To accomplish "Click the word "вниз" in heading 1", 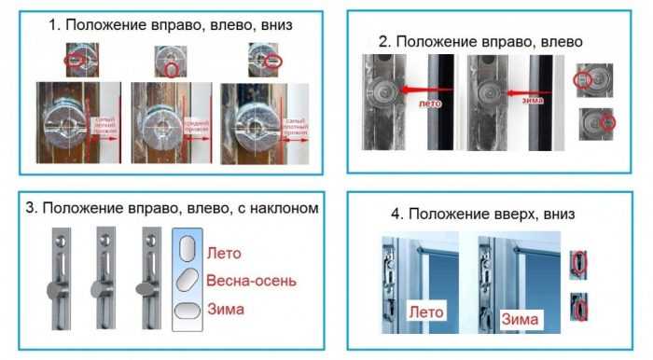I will click(274, 25).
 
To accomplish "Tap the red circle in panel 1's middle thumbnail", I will click(170, 68).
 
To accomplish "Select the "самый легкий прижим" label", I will click(104, 122).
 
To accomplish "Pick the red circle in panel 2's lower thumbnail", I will click(608, 122).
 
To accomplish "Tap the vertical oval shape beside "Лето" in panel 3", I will click(187, 250).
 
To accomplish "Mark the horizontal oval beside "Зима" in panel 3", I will click(187, 311).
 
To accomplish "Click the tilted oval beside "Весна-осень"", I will click(187, 281).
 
